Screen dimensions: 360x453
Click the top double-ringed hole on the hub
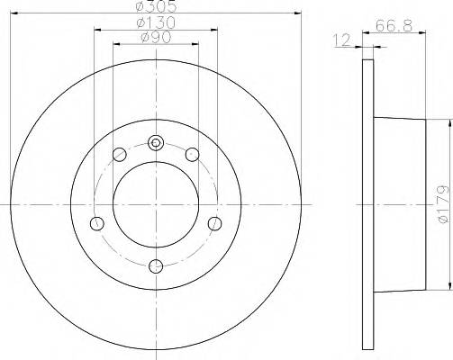coord(156,142)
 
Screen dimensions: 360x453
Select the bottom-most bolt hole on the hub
coord(156,265)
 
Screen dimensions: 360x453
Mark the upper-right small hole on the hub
coord(191,155)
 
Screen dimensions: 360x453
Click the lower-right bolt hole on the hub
coord(213,223)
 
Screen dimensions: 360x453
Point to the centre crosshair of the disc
coord(156,203)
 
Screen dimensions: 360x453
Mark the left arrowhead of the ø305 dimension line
coord(14,13)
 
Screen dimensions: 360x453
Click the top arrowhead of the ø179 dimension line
coord(448,121)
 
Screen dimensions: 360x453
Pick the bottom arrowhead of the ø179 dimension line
coord(448,287)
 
